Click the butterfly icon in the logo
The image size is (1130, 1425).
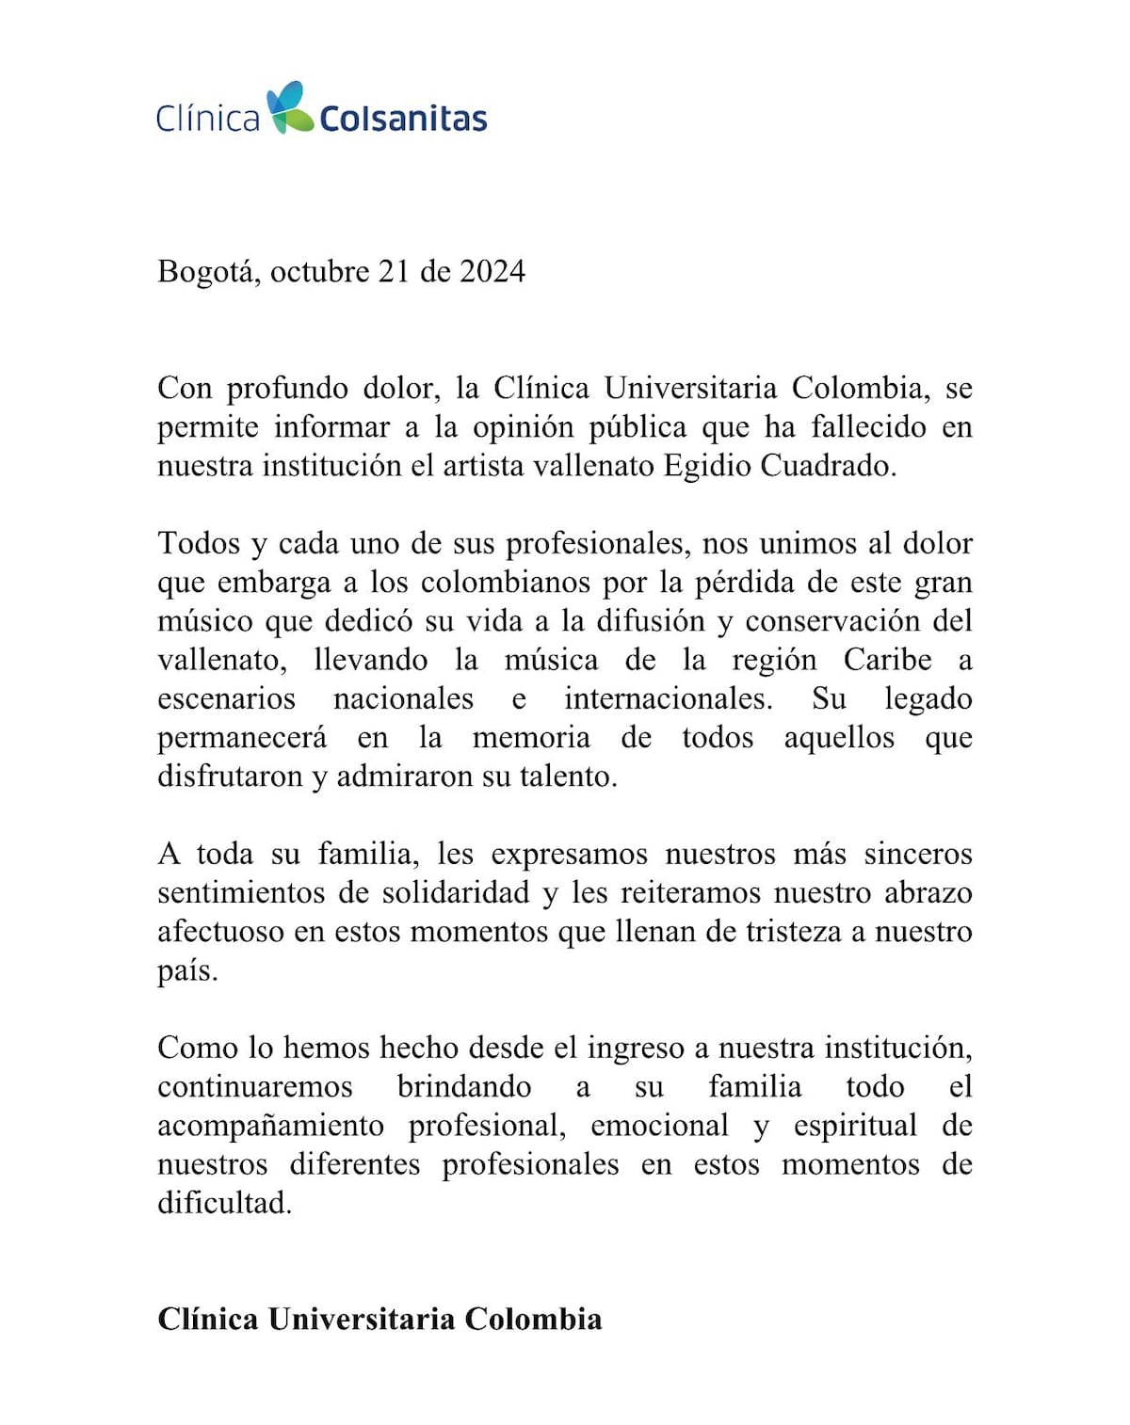click(288, 106)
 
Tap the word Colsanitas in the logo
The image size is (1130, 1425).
click(403, 119)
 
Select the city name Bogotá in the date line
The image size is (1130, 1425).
click(207, 272)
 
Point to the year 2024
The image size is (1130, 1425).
click(492, 271)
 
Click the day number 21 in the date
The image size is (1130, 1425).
click(394, 271)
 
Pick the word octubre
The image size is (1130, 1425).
click(319, 271)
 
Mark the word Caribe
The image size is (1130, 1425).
click(887, 660)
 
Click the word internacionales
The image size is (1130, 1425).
click(668, 698)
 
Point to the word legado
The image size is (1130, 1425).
click(928, 699)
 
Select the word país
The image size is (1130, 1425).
click(186, 970)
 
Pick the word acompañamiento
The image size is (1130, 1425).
click(270, 1126)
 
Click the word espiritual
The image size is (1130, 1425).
click(854, 1126)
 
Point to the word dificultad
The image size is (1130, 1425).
click(224, 1203)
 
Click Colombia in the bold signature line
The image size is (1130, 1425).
click(533, 1319)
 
